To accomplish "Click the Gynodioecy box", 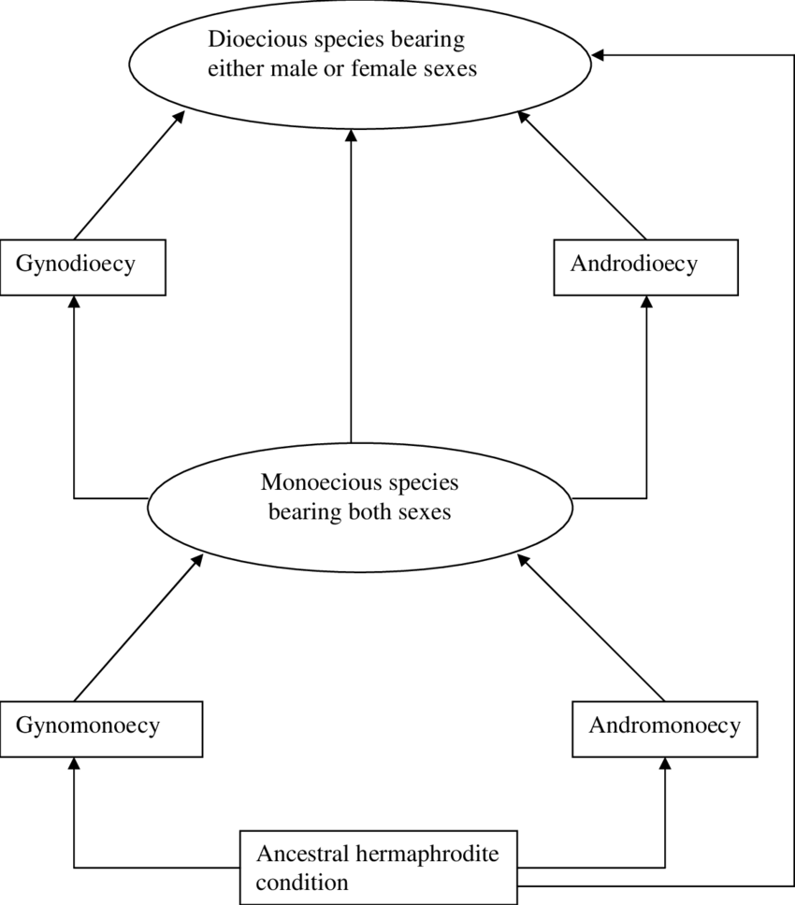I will [x=82, y=267].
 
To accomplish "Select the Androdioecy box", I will [x=645, y=267].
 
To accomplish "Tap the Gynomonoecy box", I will [x=101, y=729].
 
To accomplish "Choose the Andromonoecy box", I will [x=664, y=729].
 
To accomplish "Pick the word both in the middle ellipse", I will [x=372, y=512].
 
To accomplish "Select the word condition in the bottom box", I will [x=302, y=883].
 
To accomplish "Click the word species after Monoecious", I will [x=426, y=484].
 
